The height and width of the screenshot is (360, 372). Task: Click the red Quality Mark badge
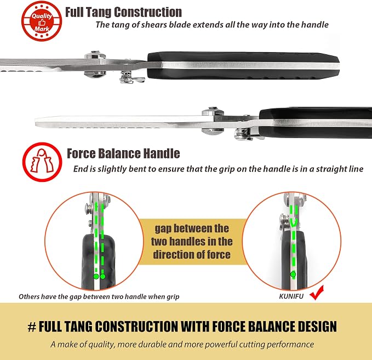[x=42, y=21]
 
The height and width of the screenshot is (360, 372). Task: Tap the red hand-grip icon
[x=42, y=162]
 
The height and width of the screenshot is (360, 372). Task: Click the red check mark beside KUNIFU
[x=317, y=293]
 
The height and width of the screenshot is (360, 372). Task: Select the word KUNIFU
[x=291, y=296]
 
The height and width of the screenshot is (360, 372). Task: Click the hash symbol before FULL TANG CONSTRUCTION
[x=32, y=327]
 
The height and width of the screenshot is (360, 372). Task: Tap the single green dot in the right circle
[x=293, y=275]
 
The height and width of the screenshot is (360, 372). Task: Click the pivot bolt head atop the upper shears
[x=95, y=55]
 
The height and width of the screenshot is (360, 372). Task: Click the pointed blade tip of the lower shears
[x=36, y=121]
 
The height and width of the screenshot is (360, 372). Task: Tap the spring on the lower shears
[x=241, y=134]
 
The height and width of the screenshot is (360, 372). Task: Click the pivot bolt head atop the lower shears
[x=213, y=111]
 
